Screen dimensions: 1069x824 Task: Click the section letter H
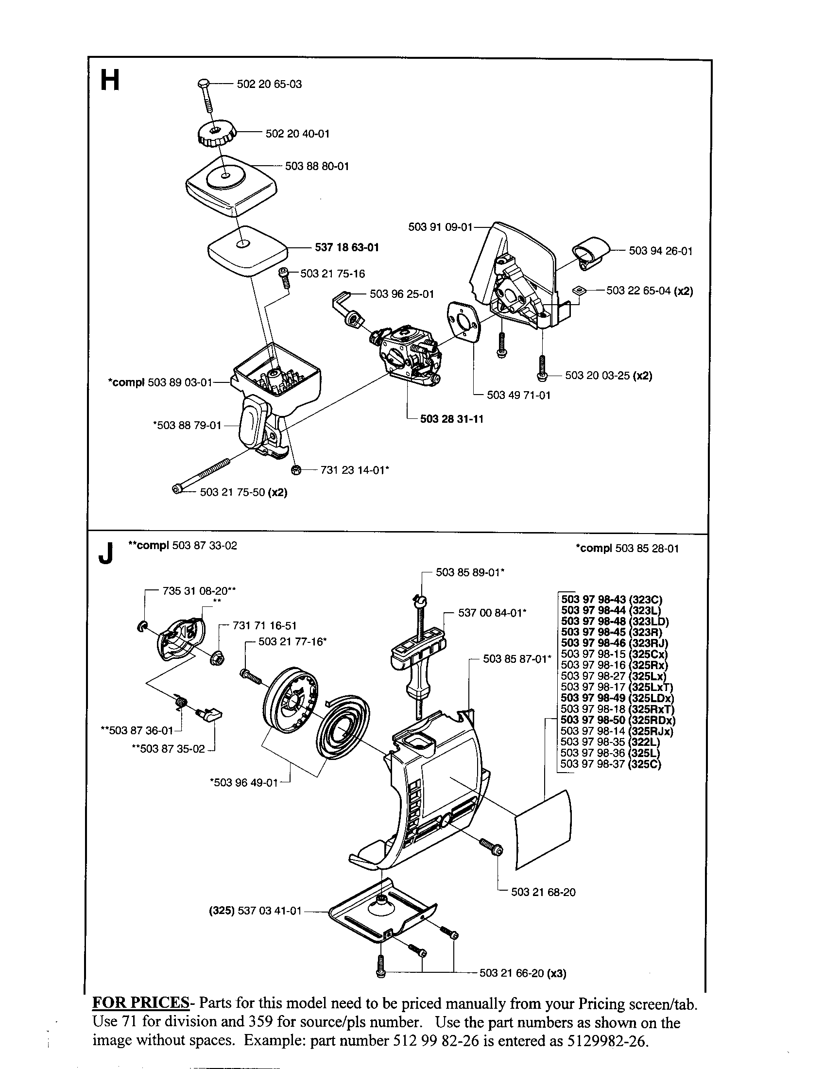point(110,81)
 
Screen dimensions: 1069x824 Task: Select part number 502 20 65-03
point(269,84)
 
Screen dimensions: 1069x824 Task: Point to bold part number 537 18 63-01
point(346,248)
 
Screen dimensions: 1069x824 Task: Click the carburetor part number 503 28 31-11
point(451,419)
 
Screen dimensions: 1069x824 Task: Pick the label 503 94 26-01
point(661,251)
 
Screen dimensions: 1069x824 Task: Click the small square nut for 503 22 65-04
point(580,290)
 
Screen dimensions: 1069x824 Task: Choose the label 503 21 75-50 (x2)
point(243,492)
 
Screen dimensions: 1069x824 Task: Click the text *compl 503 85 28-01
point(627,549)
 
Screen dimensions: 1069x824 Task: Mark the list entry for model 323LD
point(615,621)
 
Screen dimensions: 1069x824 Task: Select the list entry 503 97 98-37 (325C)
point(610,764)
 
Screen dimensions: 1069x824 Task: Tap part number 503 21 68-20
point(543,892)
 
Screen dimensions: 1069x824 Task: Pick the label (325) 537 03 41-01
point(252,912)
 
